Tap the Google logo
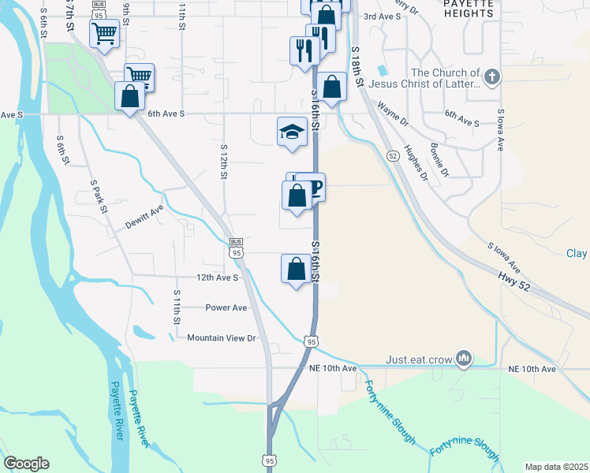coord(26,464)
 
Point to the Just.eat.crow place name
coord(419,359)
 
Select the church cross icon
coord(492,77)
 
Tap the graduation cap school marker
coord(292,132)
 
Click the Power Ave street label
coord(226,307)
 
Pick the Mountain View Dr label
coord(222,337)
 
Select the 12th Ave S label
coord(217,277)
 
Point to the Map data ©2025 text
coord(555,467)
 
